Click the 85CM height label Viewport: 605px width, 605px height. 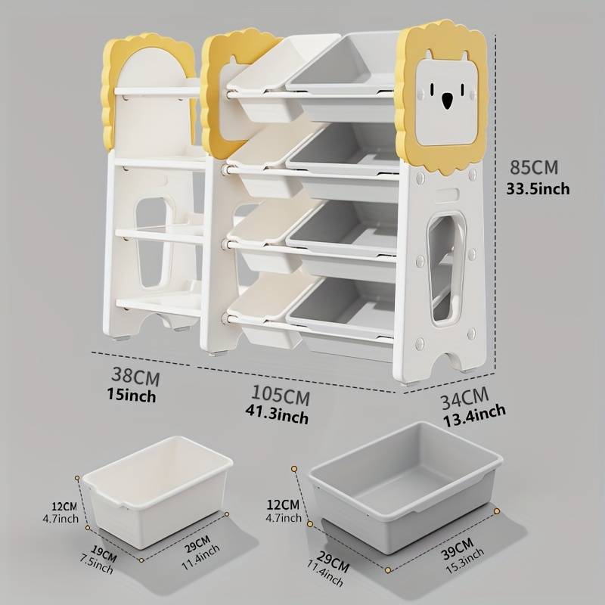(x=534, y=167)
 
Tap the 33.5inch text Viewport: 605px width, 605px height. (x=538, y=188)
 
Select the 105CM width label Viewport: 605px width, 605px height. (x=281, y=395)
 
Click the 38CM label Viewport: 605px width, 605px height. (x=135, y=377)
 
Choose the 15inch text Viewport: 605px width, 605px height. (x=132, y=395)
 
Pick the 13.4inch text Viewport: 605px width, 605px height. (x=474, y=415)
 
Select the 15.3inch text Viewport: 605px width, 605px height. (x=465, y=561)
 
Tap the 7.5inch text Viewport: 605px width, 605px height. (x=97, y=563)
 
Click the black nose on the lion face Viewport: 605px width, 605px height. (x=447, y=101)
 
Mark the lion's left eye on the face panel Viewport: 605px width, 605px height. (x=432, y=89)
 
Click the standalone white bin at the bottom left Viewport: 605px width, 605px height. (x=158, y=492)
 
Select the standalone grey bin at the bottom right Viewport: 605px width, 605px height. (x=405, y=488)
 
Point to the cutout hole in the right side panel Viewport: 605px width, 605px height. (x=445, y=269)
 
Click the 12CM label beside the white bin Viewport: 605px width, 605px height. (x=64, y=506)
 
